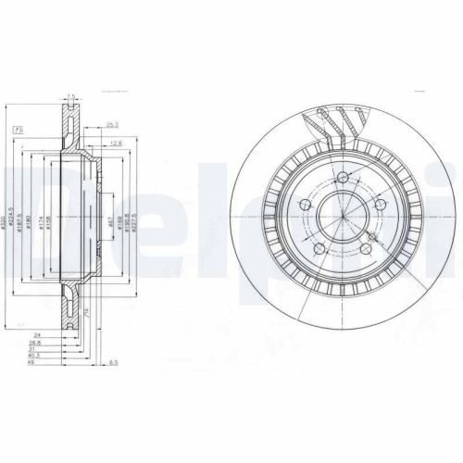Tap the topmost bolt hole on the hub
[x=343, y=178]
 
